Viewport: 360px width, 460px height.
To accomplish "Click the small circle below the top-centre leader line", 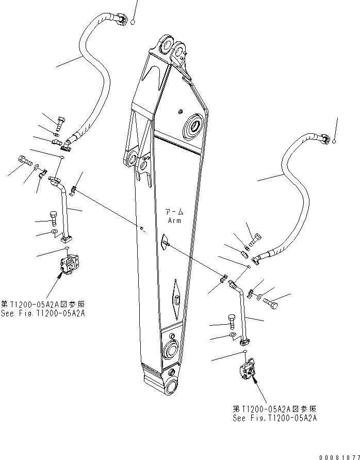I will pyautogui.click(x=133, y=22).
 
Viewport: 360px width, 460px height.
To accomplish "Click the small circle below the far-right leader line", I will pyautogui.click(x=335, y=140).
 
